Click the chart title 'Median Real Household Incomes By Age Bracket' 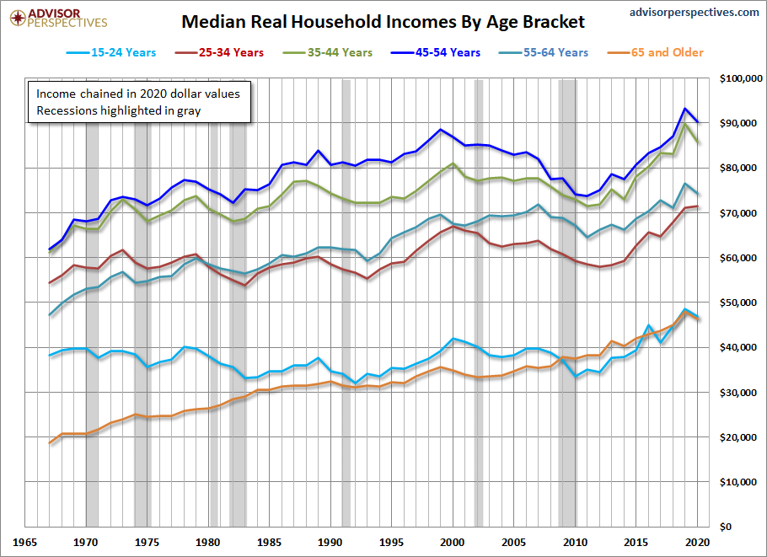pyautogui.click(x=383, y=21)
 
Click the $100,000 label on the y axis pyautogui.click(x=741, y=79)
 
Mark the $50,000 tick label pyautogui.click(x=743, y=303)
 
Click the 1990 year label pyautogui.click(x=330, y=543)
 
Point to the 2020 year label pyautogui.click(x=696, y=543)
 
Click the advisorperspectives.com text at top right pyautogui.click(x=694, y=12)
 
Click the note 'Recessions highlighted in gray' pyautogui.click(x=118, y=110)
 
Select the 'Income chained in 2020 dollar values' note pyautogui.click(x=137, y=94)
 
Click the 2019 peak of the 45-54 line pyautogui.click(x=685, y=109)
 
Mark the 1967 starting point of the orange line pyautogui.click(x=51, y=442)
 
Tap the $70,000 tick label pyautogui.click(x=743, y=213)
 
